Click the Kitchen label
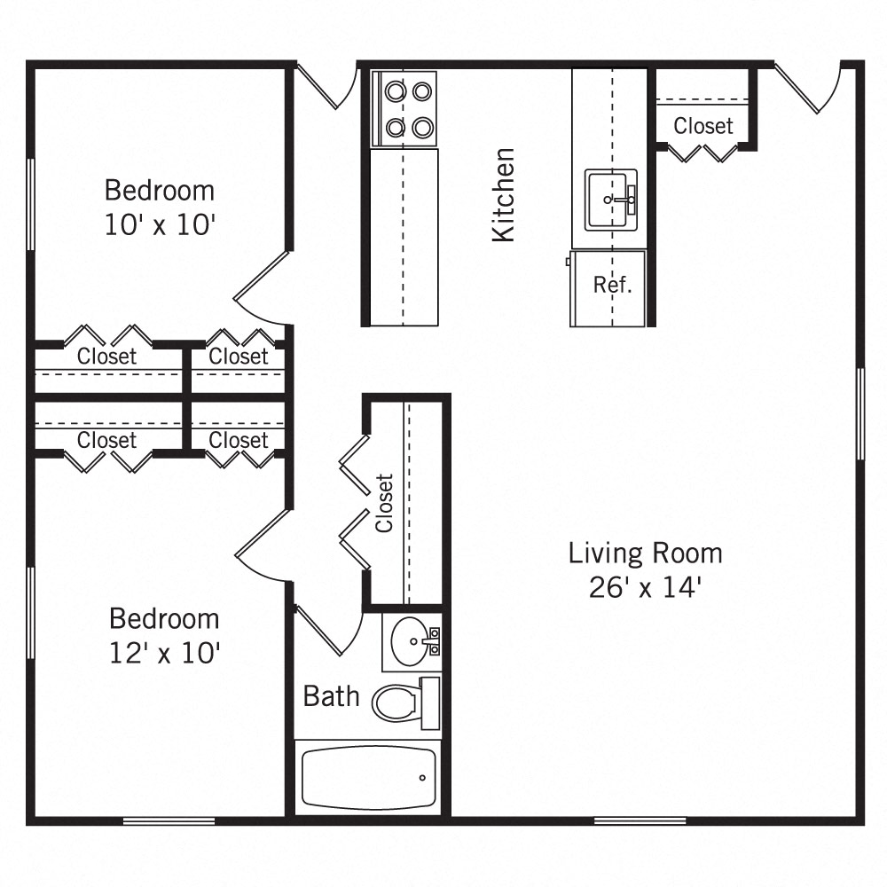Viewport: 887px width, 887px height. [503, 194]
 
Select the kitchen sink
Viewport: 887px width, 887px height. [611, 200]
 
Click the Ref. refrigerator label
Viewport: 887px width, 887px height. [612, 286]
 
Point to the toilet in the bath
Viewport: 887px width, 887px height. [396, 703]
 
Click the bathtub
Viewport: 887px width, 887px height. [368, 777]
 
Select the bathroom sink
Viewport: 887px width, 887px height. [410, 638]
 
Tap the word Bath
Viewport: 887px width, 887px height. [331, 696]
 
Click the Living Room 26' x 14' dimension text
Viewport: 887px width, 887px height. [645, 587]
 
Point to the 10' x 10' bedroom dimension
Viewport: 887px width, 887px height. [160, 225]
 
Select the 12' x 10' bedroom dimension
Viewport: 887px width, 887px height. [164, 653]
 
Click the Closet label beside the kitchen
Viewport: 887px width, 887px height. [703, 126]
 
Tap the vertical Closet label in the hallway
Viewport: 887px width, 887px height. [384, 503]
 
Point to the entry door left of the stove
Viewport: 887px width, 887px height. [321, 86]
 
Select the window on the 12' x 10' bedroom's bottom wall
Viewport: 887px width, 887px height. [169, 821]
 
